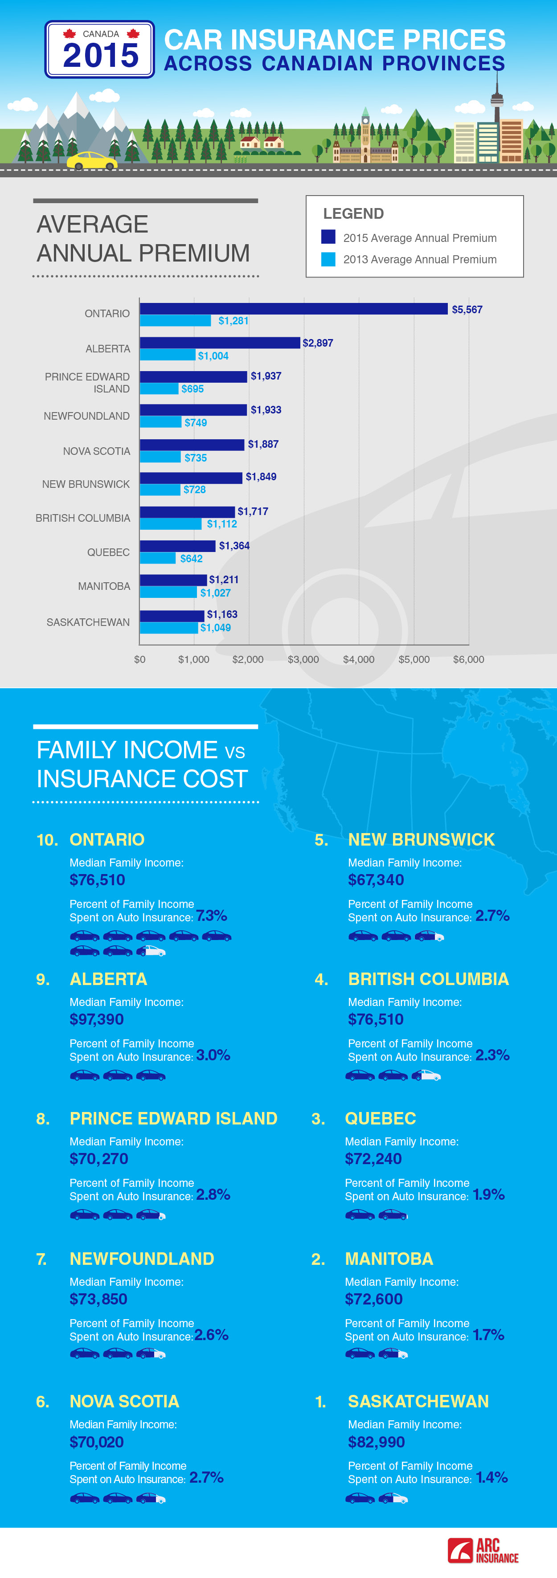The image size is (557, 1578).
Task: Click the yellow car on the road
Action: pyautogui.click(x=92, y=160)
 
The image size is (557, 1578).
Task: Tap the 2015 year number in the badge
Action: pyautogui.click(x=101, y=56)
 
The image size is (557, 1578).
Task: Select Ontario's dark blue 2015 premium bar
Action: pyautogui.click(x=294, y=309)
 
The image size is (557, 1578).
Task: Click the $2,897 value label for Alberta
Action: pyautogui.click(x=317, y=343)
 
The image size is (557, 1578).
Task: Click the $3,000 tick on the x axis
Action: pyautogui.click(x=303, y=659)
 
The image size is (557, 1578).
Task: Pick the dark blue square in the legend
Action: pyautogui.click(x=328, y=237)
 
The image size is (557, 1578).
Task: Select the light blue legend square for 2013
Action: pyautogui.click(x=328, y=259)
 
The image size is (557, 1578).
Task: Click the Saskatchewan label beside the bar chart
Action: pyautogui.click(x=88, y=622)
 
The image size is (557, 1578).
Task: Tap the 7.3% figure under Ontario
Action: pyautogui.click(x=211, y=915)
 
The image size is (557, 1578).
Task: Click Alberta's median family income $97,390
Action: pyautogui.click(x=97, y=1019)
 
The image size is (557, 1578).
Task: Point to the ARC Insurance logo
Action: pyautogui.click(x=483, y=1550)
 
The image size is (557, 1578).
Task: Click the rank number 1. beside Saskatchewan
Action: pyautogui.click(x=320, y=1402)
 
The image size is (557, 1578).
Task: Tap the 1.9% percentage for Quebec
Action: pyautogui.click(x=488, y=1194)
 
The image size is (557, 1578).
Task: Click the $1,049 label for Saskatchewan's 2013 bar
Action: pyautogui.click(x=216, y=628)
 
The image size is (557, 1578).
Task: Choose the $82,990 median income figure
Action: pyautogui.click(x=376, y=1442)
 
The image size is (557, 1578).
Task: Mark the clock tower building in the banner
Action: pyautogui.click(x=365, y=132)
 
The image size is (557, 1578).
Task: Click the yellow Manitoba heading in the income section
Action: pyautogui.click(x=389, y=1259)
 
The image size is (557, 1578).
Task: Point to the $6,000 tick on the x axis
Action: pyautogui.click(x=469, y=659)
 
